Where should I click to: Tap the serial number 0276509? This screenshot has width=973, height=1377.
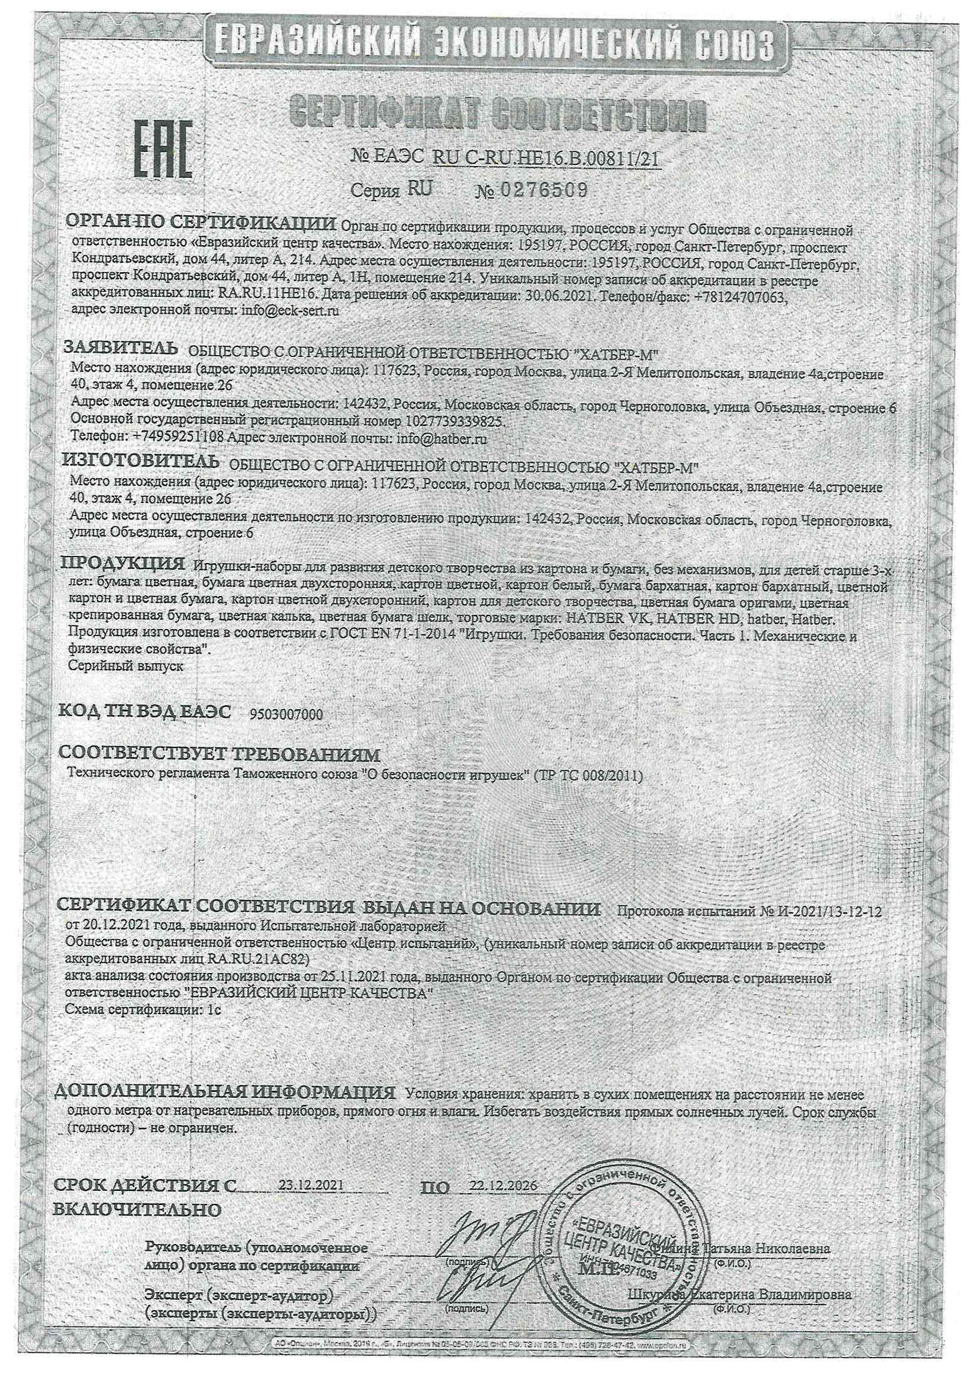tap(542, 190)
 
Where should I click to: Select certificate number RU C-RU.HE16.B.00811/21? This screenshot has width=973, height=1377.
tap(546, 158)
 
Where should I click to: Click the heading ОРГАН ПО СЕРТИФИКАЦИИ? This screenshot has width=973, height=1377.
tap(201, 223)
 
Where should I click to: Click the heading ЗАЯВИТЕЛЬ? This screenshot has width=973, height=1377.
tap(121, 347)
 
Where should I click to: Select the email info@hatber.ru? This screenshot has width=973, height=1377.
tap(441, 438)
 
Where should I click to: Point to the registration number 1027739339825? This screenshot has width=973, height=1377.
tap(455, 421)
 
